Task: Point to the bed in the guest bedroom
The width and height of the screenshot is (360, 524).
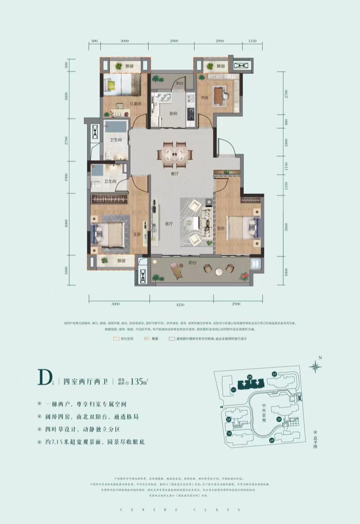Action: (243, 225)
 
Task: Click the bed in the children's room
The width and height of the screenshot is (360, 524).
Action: (122, 84)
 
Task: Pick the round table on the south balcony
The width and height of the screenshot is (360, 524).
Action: (218, 271)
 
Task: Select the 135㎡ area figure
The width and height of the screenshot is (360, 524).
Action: (139, 382)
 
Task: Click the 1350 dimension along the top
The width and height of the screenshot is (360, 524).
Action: (252, 41)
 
